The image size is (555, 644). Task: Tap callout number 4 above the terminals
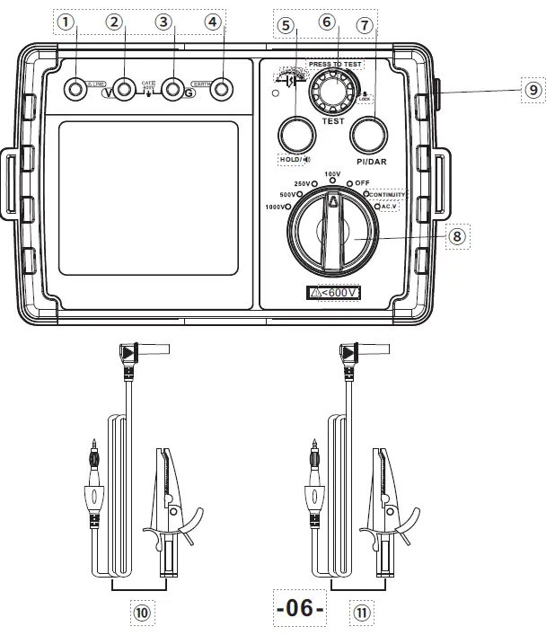tap(213, 22)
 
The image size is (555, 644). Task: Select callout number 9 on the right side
tap(533, 90)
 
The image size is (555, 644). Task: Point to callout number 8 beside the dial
tap(456, 236)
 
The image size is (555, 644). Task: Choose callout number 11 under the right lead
tap(360, 613)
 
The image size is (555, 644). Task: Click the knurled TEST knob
tap(331, 91)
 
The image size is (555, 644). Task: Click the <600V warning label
tap(334, 292)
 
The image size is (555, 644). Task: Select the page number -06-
tap(299, 608)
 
